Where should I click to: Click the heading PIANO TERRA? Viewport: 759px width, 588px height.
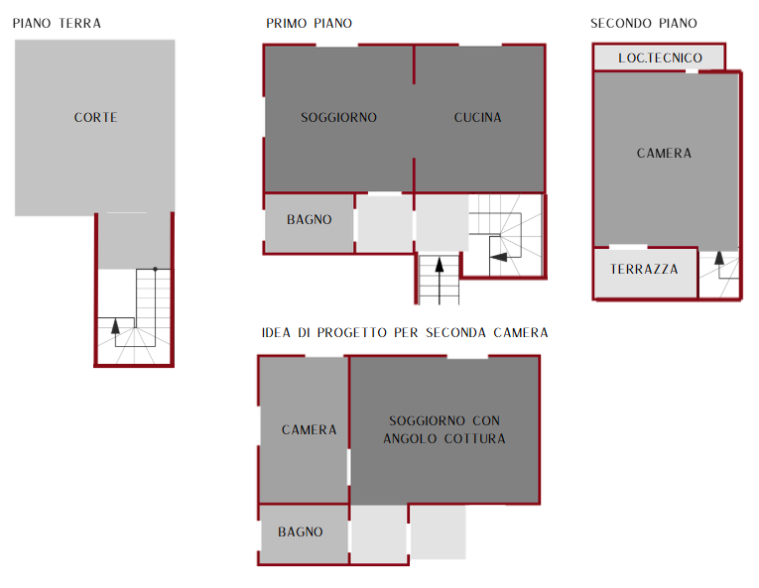coord(57,23)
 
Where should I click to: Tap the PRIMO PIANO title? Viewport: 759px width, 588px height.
coord(309,23)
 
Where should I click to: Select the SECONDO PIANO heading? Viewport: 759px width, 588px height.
coord(644,23)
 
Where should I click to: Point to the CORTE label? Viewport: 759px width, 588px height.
coord(95,118)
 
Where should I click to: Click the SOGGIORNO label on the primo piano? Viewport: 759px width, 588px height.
coord(339,118)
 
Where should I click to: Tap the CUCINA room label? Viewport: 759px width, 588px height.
coord(478,118)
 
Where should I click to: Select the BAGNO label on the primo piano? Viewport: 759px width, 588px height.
coord(310,220)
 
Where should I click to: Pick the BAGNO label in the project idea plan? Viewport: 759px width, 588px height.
coord(300,531)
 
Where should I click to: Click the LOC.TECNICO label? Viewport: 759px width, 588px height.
coord(660,59)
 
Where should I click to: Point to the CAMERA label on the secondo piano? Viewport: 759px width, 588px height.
coord(664,154)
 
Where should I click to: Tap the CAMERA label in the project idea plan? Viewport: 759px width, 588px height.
coord(309,429)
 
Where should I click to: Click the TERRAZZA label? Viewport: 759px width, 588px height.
coord(644,269)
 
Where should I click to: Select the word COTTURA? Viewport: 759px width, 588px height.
coord(475,439)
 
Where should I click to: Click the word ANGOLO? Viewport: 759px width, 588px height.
coord(410,439)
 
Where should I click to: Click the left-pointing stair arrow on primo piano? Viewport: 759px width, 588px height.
coord(498,257)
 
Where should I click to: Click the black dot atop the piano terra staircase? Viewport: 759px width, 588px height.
coord(156,269)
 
